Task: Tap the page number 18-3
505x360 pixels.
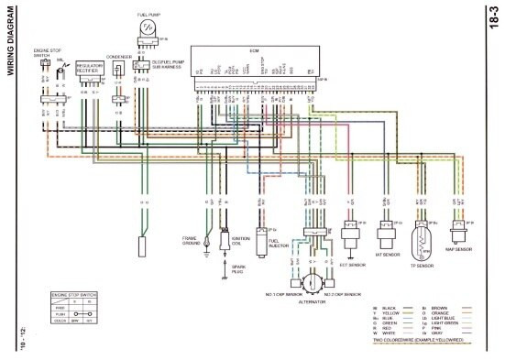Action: coord(493,19)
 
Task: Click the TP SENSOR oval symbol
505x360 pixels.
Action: coord(423,236)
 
